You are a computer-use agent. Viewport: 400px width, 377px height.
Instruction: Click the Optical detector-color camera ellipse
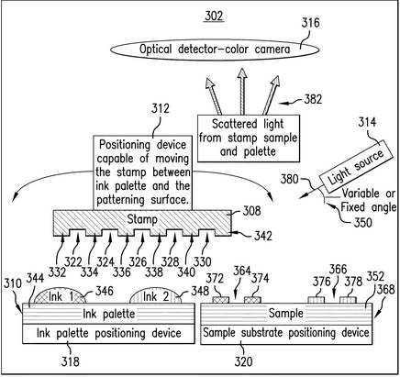[x=215, y=50]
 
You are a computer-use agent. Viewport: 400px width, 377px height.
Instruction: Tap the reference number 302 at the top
[x=214, y=16]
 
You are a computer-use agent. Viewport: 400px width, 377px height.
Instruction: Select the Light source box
[x=356, y=164]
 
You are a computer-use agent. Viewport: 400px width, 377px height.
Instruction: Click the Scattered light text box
[x=249, y=139]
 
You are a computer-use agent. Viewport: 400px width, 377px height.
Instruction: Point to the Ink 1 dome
[x=60, y=295]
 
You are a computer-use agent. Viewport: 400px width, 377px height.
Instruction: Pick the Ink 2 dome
[x=155, y=295]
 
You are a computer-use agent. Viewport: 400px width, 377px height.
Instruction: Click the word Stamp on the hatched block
[x=142, y=219]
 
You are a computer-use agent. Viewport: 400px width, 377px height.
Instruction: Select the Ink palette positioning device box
[x=108, y=334]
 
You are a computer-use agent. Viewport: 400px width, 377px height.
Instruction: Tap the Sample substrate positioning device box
[x=286, y=334]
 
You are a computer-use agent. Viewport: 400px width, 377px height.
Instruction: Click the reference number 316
[x=310, y=23]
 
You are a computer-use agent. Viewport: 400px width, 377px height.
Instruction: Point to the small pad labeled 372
[x=220, y=300]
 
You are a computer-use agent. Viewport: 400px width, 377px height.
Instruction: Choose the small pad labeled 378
[x=348, y=300]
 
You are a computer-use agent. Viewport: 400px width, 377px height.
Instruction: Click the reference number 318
[x=71, y=361]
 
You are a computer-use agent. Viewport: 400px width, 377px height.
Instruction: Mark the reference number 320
[x=243, y=361]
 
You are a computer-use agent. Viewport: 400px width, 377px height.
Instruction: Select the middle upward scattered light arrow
[x=242, y=92]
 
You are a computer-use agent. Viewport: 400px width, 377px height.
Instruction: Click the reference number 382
[x=313, y=99]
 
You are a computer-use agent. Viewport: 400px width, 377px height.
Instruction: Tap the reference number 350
[x=362, y=222]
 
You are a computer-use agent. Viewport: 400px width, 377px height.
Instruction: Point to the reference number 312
[x=161, y=108]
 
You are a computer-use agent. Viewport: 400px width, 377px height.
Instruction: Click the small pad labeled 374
[x=252, y=300]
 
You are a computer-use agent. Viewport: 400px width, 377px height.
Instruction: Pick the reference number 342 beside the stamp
[x=263, y=236]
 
